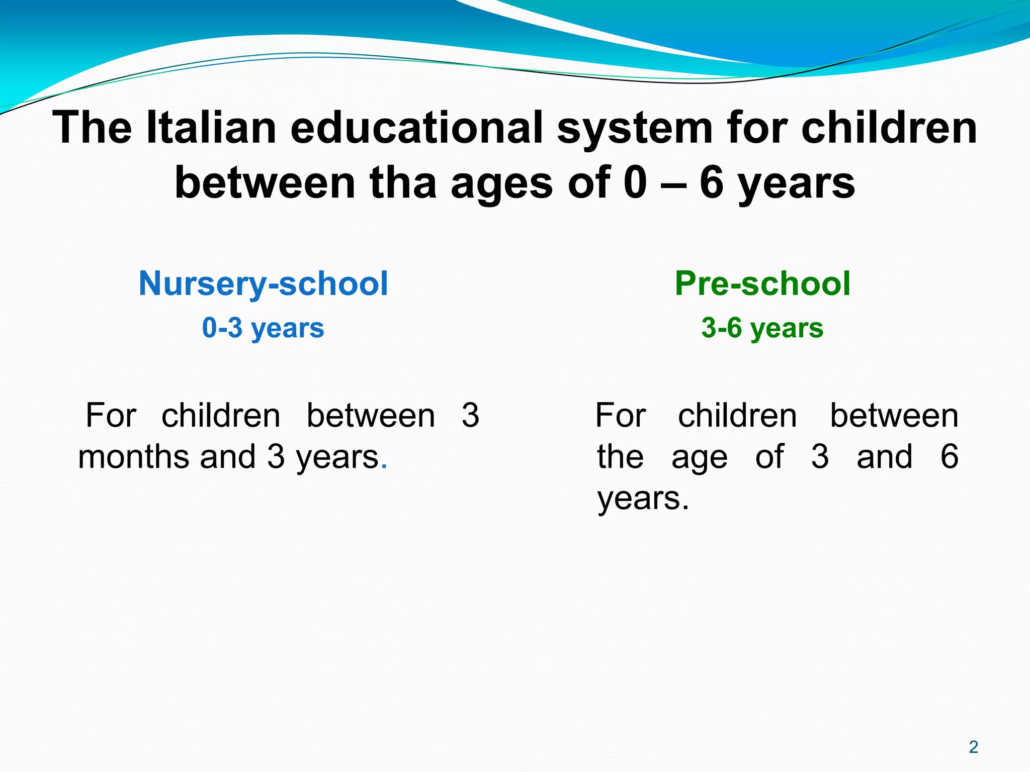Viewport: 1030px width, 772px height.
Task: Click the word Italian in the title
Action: click(x=211, y=128)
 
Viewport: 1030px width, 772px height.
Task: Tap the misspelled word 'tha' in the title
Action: click(x=403, y=183)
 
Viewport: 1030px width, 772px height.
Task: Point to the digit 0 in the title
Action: click(x=635, y=183)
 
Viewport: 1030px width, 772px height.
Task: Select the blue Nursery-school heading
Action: click(x=263, y=283)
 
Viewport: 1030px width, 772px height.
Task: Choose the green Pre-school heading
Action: click(x=762, y=283)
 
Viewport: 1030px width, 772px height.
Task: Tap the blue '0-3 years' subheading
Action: click(x=263, y=328)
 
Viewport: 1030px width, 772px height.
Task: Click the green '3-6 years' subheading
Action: click(x=762, y=328)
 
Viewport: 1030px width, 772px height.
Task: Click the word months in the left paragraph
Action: click(x=134, y=457)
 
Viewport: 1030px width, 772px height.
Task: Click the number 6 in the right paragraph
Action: click(x=949, y=457)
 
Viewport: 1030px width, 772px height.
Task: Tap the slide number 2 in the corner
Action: click(x=973, y=747)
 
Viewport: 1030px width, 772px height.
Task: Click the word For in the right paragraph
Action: click(x=621, y=416)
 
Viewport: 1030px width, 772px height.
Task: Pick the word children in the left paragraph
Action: click(x=221, y=416)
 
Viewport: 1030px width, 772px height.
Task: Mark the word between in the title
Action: click(x=265, y=183)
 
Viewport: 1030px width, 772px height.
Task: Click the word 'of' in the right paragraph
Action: click(x=769, y=457)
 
